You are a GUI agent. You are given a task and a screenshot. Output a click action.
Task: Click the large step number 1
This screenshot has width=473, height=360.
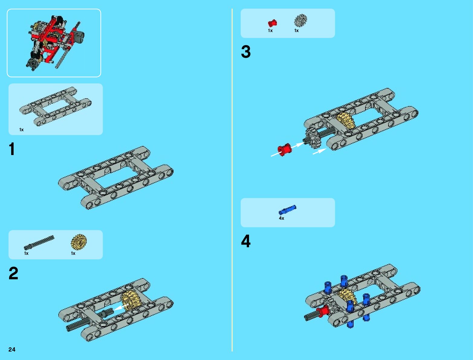click(12, 149)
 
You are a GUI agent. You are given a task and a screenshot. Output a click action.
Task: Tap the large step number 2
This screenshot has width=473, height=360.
click(13, 273)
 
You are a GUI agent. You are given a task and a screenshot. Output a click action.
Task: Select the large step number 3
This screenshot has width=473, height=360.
click(246, 52)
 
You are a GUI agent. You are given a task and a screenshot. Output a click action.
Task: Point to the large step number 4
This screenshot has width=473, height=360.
click(246, 241)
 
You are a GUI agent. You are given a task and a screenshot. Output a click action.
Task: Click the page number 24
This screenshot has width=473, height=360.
click(12, 349)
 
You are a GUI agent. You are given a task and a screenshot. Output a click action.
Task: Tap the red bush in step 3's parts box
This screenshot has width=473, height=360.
click(272, 23)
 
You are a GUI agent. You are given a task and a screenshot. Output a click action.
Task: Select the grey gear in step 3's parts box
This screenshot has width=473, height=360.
click(300, 20)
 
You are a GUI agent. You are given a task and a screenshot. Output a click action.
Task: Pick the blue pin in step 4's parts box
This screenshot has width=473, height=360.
click(287, 210)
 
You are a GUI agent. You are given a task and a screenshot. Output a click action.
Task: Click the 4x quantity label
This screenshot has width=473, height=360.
click(281, 218)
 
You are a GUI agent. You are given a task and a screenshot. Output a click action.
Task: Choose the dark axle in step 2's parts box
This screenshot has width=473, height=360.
click(39, 243)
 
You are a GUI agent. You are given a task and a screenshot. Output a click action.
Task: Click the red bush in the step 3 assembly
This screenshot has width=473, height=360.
click(284, 150)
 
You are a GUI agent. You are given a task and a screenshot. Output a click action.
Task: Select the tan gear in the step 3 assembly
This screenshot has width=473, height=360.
click(346, 120)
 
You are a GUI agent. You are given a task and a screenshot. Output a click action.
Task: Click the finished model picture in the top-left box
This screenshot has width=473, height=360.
click(54, 42)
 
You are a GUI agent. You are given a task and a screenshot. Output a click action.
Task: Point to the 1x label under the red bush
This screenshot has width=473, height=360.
click(270, 31)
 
